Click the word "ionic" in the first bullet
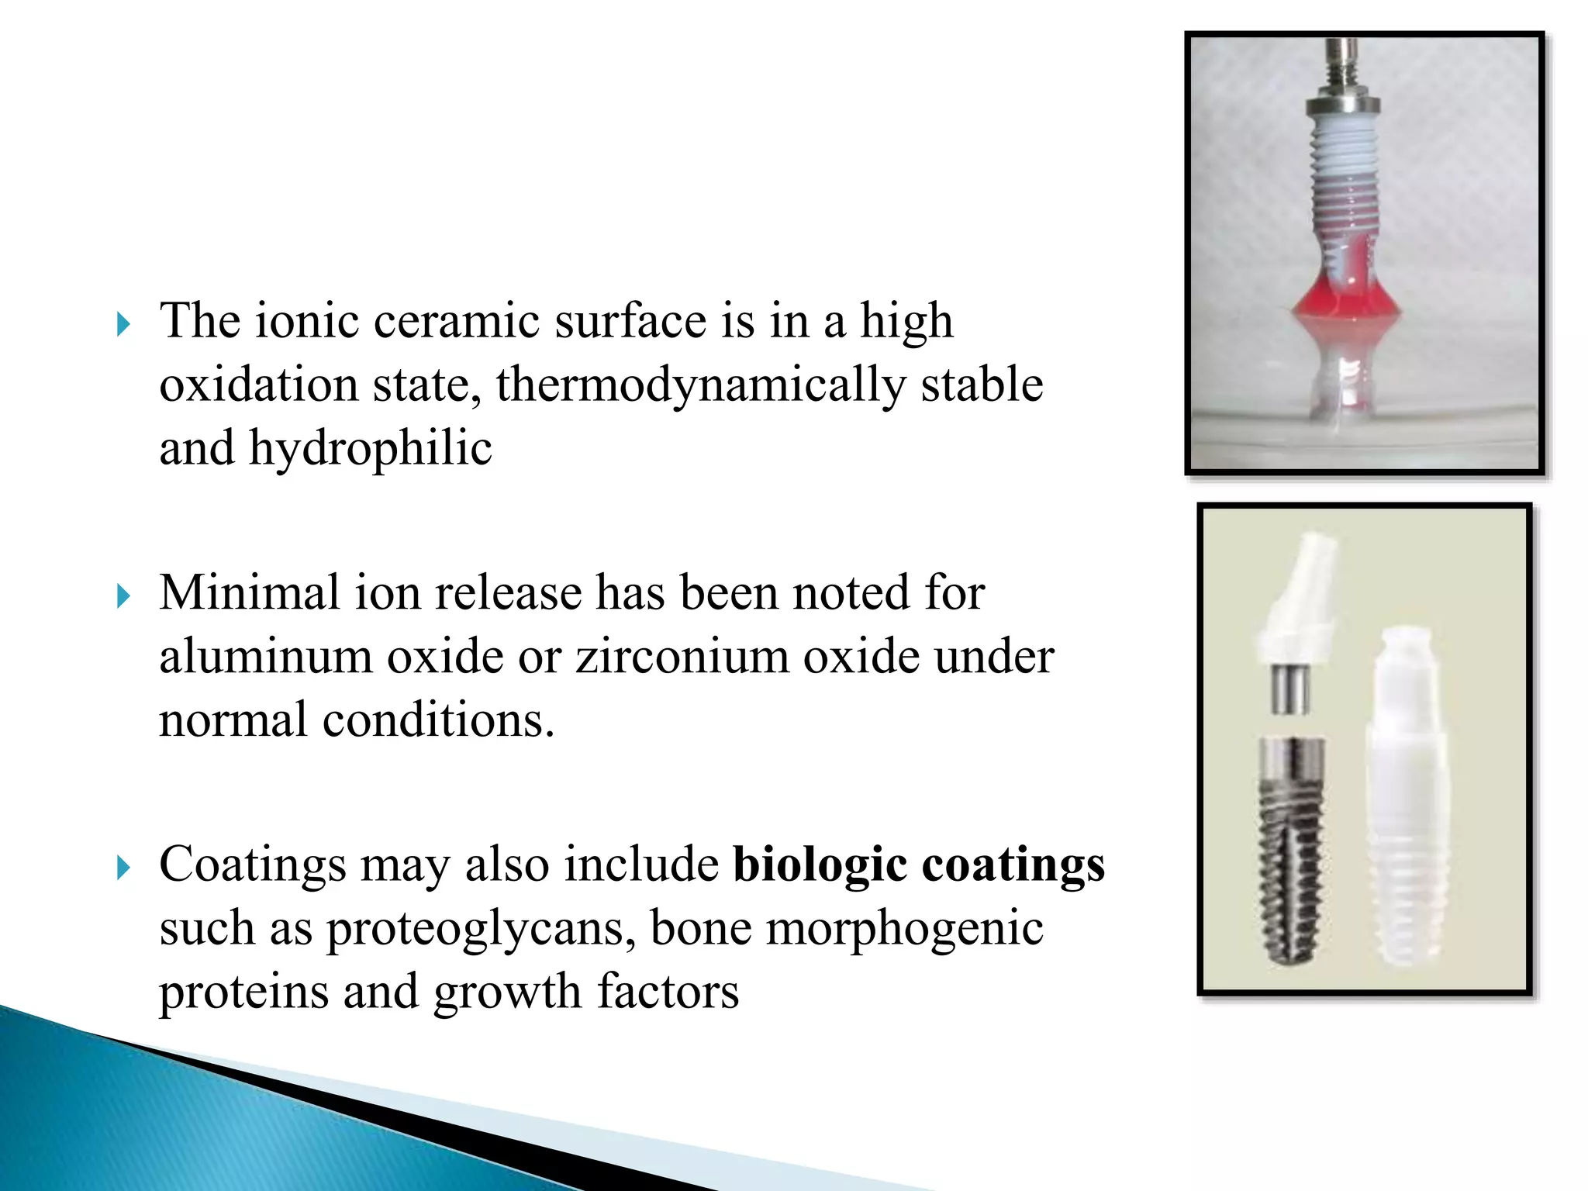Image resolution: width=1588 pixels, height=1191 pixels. tap(306, 320)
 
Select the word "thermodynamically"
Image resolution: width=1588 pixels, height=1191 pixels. tap(700, 385)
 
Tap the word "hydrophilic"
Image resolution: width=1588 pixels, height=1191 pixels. tap(370, 449)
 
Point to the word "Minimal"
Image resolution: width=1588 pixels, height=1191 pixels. tap(250, 593)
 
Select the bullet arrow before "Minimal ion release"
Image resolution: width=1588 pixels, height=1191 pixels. tap(123, 596)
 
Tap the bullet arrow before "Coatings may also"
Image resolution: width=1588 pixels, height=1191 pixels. tap(123, 868)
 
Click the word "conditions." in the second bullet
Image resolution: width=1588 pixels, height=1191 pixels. tap(438, 720)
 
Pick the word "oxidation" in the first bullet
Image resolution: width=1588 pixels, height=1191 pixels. tap(259, 385)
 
